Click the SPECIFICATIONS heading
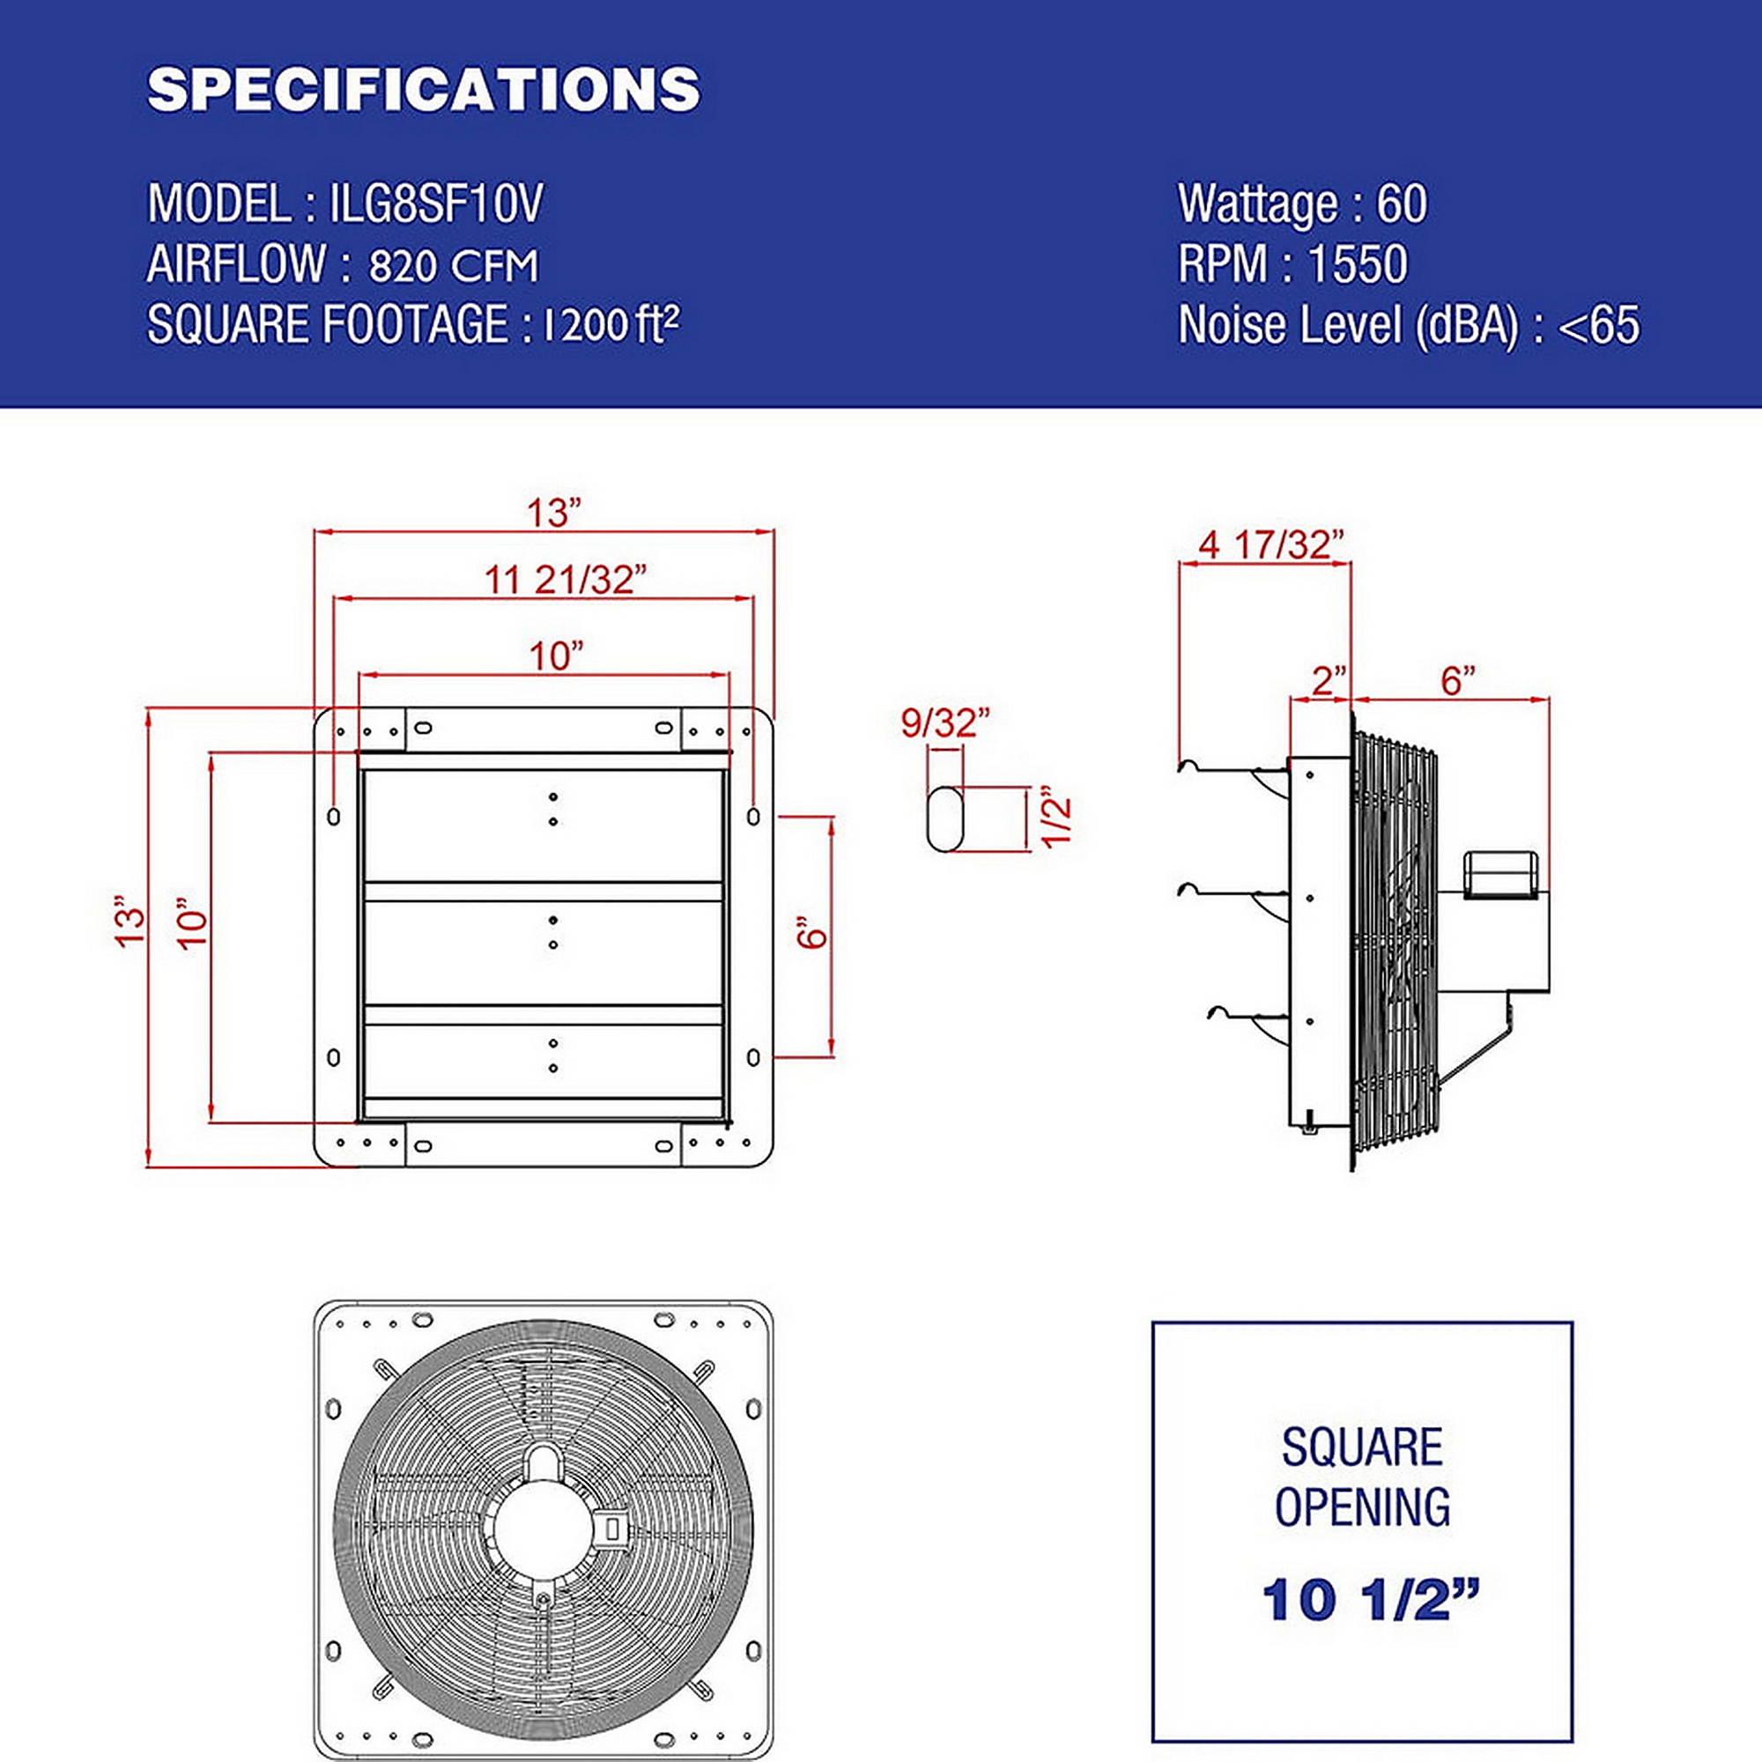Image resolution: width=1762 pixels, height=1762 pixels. (x=424, y=89)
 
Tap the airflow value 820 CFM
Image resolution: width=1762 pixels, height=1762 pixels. (x=453, y=266)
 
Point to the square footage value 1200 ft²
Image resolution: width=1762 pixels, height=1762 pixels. (x=611, y=325)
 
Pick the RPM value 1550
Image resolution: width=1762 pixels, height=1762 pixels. (x=1358, y=263)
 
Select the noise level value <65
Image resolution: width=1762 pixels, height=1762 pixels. (x=1599, y=326)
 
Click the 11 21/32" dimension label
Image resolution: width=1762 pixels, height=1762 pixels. (x=565, y=579)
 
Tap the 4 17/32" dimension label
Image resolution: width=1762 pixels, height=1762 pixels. (x=1271, y=544)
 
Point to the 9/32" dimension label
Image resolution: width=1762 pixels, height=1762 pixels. (x=944, y=723)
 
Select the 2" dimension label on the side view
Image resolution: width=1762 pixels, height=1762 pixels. (x=1329, y=680)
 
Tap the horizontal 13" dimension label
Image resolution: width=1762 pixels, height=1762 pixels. (x=554, y=513)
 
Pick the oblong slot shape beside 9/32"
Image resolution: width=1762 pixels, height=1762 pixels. (x=944, y=820)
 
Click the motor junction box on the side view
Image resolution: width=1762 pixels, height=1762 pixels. (x=1500, y=874)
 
